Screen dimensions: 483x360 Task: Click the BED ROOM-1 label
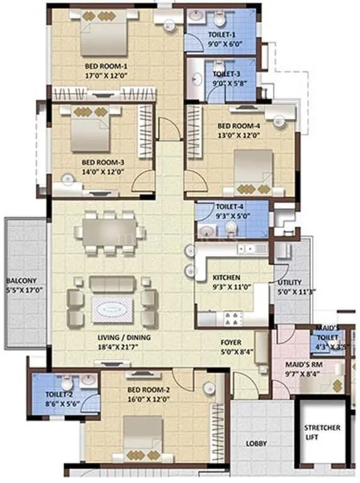(x=106, y=65)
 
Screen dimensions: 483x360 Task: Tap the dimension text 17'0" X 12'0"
(x=106, y=74)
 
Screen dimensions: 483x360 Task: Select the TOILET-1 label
(x=222, y=35)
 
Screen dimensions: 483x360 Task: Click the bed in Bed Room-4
(x=253, y=170)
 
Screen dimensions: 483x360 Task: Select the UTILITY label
(x=290, y=282)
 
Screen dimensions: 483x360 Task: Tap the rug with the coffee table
(x=113, y=309)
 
